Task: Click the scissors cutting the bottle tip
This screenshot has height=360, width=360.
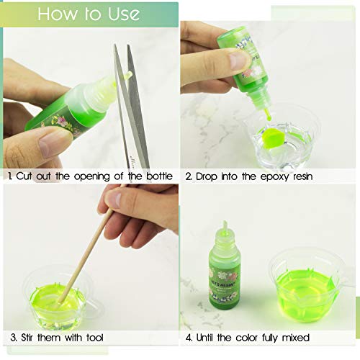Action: click(130, 108)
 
